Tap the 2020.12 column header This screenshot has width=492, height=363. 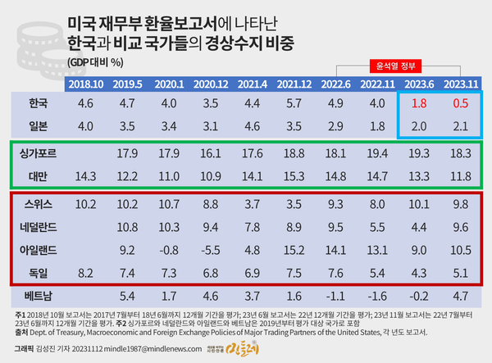click(x=212, y=84)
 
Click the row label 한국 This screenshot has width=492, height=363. click(x=38, y=104)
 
